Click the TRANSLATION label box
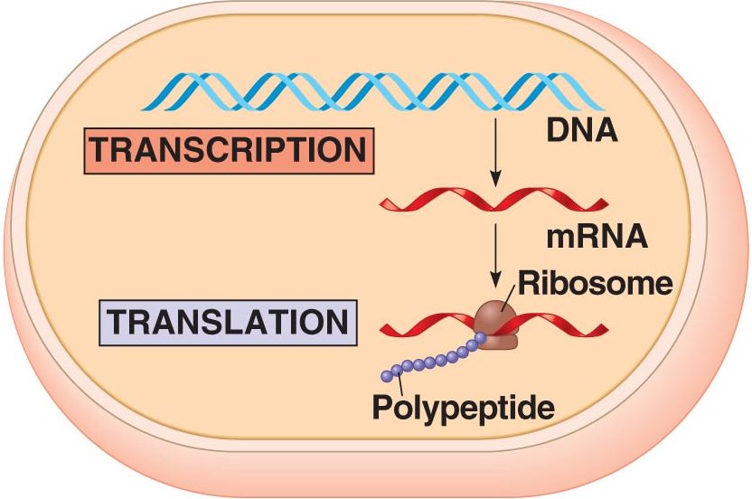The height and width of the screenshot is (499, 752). click(x=227, y=322)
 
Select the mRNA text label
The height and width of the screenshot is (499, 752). click(x=597, y=237)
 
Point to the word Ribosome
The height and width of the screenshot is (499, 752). click(x=595, y=284)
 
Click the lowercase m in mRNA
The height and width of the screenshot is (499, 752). click(x=561, y=238)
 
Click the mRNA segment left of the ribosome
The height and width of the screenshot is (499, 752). click(x=425, y=324)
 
